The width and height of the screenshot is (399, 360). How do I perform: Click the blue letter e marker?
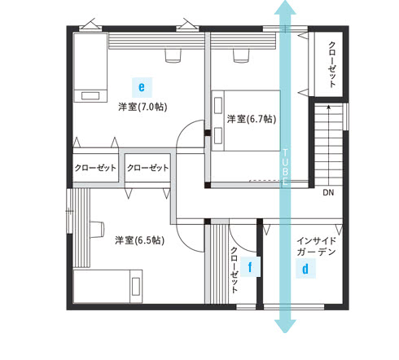point(142,87)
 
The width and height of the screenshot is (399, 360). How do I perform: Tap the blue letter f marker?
point(250,267)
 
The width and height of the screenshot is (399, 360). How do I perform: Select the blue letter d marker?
point(305,269)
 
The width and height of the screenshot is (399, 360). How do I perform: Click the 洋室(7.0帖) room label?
point(142,107)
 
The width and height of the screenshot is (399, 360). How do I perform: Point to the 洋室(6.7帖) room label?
point(252,119)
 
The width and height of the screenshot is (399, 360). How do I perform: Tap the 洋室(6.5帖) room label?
point(139,240)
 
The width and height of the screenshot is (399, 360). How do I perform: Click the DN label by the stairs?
point(328,192)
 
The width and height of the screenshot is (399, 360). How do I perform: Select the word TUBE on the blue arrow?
point(285,166)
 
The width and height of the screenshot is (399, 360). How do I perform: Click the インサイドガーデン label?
point(317,247)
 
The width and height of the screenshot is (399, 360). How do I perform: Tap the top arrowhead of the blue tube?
point(285,7)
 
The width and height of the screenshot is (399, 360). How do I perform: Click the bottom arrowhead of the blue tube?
point(285,327)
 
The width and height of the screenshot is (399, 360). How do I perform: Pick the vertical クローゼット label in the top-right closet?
point(331,64)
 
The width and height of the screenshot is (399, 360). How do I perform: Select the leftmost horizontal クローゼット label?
point(95,168)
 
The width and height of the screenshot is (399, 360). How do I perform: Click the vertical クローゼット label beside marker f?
point(234,270)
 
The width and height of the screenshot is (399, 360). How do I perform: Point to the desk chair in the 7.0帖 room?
point(173,56)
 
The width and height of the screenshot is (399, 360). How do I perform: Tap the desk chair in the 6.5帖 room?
point(97,230)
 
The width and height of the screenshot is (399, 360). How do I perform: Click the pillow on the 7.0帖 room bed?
point(90,96)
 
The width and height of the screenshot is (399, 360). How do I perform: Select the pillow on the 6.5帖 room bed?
point(136,287)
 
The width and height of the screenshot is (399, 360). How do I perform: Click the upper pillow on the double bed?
point(218,105)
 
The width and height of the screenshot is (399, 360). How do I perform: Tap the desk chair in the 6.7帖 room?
point(241,56)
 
